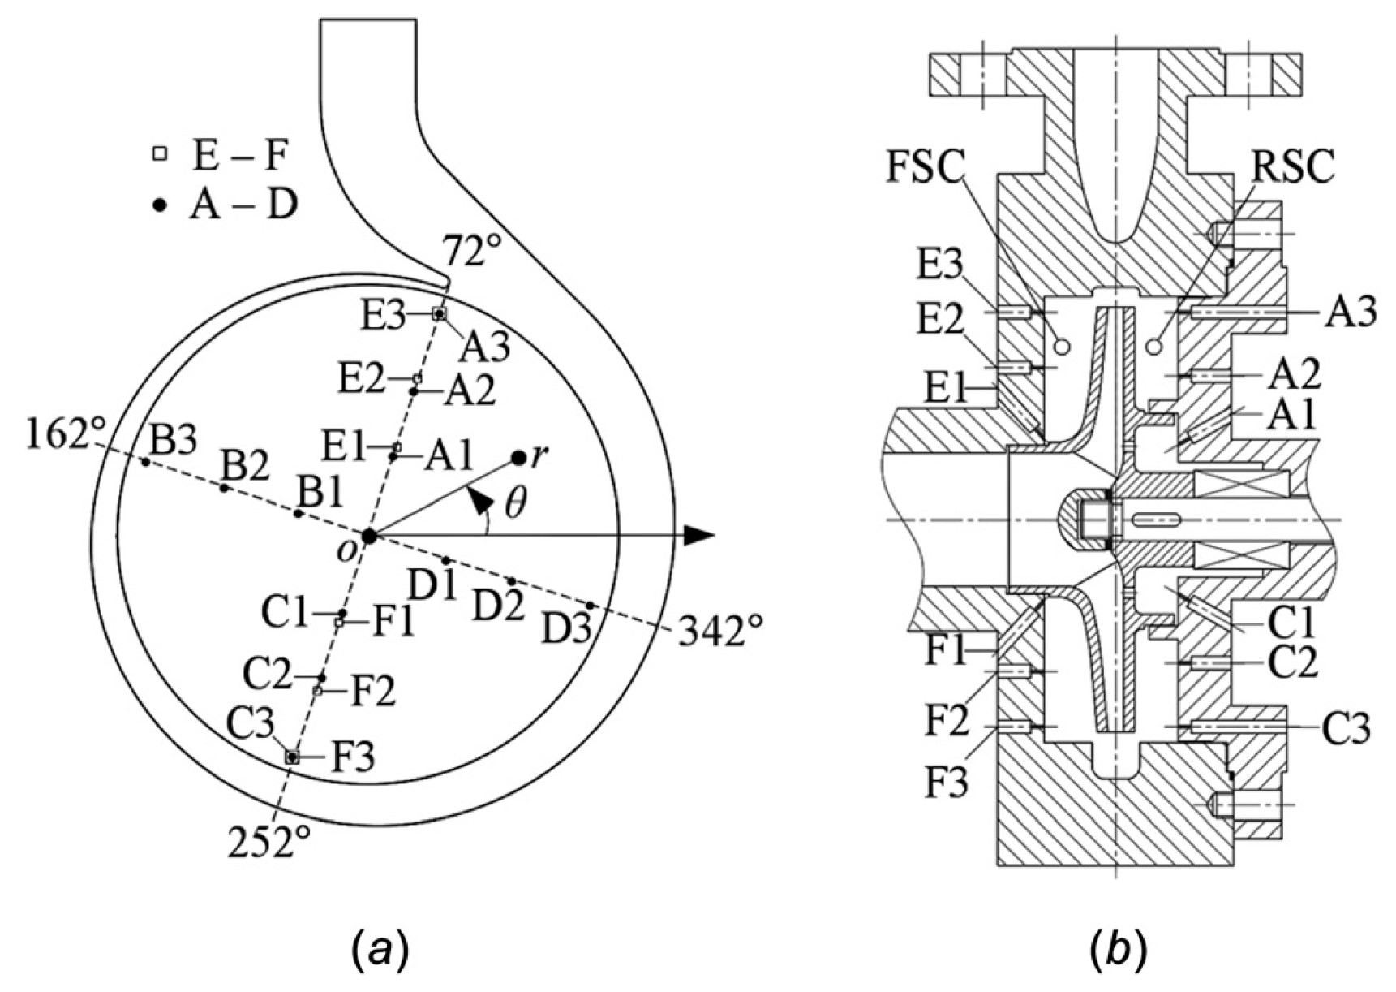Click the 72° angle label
(473, 252)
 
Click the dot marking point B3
(145, 462)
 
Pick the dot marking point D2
(512, 582)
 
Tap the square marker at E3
(439, 313)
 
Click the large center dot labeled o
(369, 536)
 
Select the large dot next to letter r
(518, 459)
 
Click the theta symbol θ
(514, 504)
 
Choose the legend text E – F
(240, 155)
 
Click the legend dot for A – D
(161, 206)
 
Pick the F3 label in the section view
(947, 784)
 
